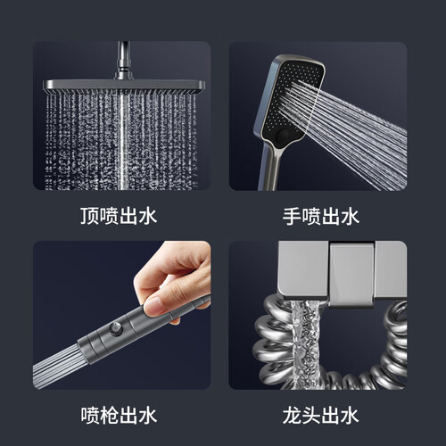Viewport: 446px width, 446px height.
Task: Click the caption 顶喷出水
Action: coord(119,216)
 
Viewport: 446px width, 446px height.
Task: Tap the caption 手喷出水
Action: coord(321,216)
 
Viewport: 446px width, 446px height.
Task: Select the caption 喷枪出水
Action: coord(119,416)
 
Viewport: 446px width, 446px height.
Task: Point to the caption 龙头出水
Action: coord(321,416)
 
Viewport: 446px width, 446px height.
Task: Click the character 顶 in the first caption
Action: coord(89,216)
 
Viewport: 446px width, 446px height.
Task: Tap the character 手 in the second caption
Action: coord(292,216)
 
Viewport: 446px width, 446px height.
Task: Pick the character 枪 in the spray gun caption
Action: coord(109,416)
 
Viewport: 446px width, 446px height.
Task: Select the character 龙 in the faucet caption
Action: coord(292,416)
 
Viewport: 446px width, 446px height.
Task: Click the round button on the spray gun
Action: coord(116,329)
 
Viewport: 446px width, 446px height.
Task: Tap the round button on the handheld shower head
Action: coord(284,135)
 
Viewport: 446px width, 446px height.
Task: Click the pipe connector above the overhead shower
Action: coord(123,61)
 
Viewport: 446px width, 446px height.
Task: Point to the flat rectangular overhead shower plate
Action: coord(124,87)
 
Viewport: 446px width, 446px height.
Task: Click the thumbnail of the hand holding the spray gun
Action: coord(121,315)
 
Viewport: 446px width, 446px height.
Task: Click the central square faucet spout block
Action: coord(351,274)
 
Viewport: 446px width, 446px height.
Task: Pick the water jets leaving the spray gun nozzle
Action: coord(56,368)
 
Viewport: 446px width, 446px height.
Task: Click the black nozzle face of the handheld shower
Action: coord(293,100)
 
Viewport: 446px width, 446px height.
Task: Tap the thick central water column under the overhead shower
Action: coord(123,142)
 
